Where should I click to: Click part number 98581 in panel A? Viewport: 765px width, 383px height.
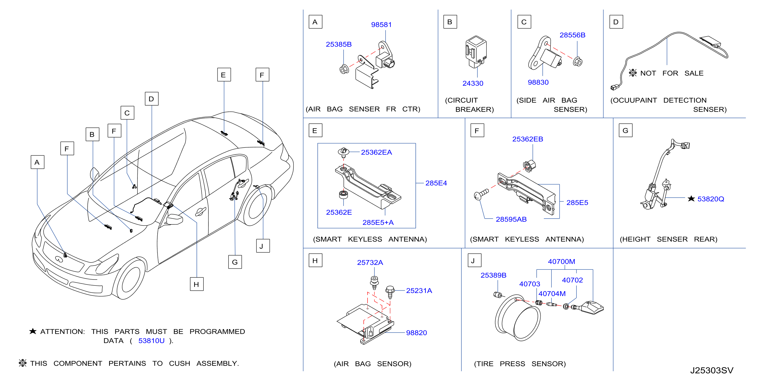coord(381,25)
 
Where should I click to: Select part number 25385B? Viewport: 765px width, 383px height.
coord(339,44)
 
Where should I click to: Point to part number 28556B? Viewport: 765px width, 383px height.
coord(572,35)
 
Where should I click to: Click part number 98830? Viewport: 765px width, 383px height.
coord(538,82)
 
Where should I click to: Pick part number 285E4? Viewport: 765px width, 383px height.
coord(436,183)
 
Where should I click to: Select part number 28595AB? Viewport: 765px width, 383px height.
coord(511,219)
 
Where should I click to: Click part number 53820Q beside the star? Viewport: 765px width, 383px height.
coord(711,199)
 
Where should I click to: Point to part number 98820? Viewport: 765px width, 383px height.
coord(416,333)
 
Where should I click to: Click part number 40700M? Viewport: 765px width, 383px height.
coord(561,261)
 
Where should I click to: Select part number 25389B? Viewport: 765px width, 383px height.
coord(493,275)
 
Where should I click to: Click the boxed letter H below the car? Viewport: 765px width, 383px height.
coord(197,284)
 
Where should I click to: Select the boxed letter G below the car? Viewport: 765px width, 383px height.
coord(235,262)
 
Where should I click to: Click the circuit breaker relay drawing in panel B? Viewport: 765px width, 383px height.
coord(476,51)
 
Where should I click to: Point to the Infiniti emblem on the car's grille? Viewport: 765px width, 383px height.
coord(59,259)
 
